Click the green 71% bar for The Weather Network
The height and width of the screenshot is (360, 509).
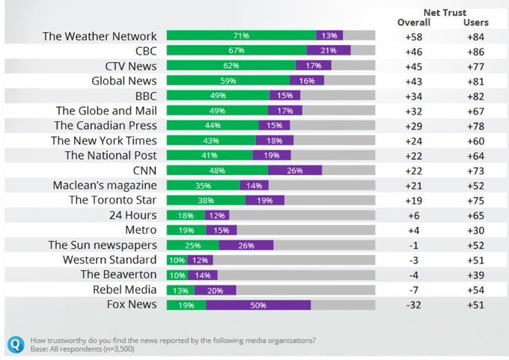(241, 36)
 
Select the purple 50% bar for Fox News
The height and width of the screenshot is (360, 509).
(258, 305)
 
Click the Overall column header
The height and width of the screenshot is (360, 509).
(413, 22)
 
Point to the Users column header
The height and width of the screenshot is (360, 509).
(476, 22)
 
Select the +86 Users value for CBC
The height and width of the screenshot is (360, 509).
(476, 51)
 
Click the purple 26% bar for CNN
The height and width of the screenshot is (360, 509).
(295, 170)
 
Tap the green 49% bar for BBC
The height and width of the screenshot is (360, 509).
(218, 95)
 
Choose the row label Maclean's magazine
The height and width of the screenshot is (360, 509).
(105, 185)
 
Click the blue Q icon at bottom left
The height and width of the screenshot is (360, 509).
(16, 344)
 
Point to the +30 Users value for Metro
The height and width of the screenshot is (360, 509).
(476, 230)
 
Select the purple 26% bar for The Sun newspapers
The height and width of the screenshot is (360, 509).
(246, 245)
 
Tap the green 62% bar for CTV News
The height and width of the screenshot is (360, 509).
(231, 66)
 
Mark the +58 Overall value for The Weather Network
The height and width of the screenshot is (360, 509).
(413, 36)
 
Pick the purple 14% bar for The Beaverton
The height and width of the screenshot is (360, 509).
(202, 275)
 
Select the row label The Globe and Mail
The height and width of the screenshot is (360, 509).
(106, 110)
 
